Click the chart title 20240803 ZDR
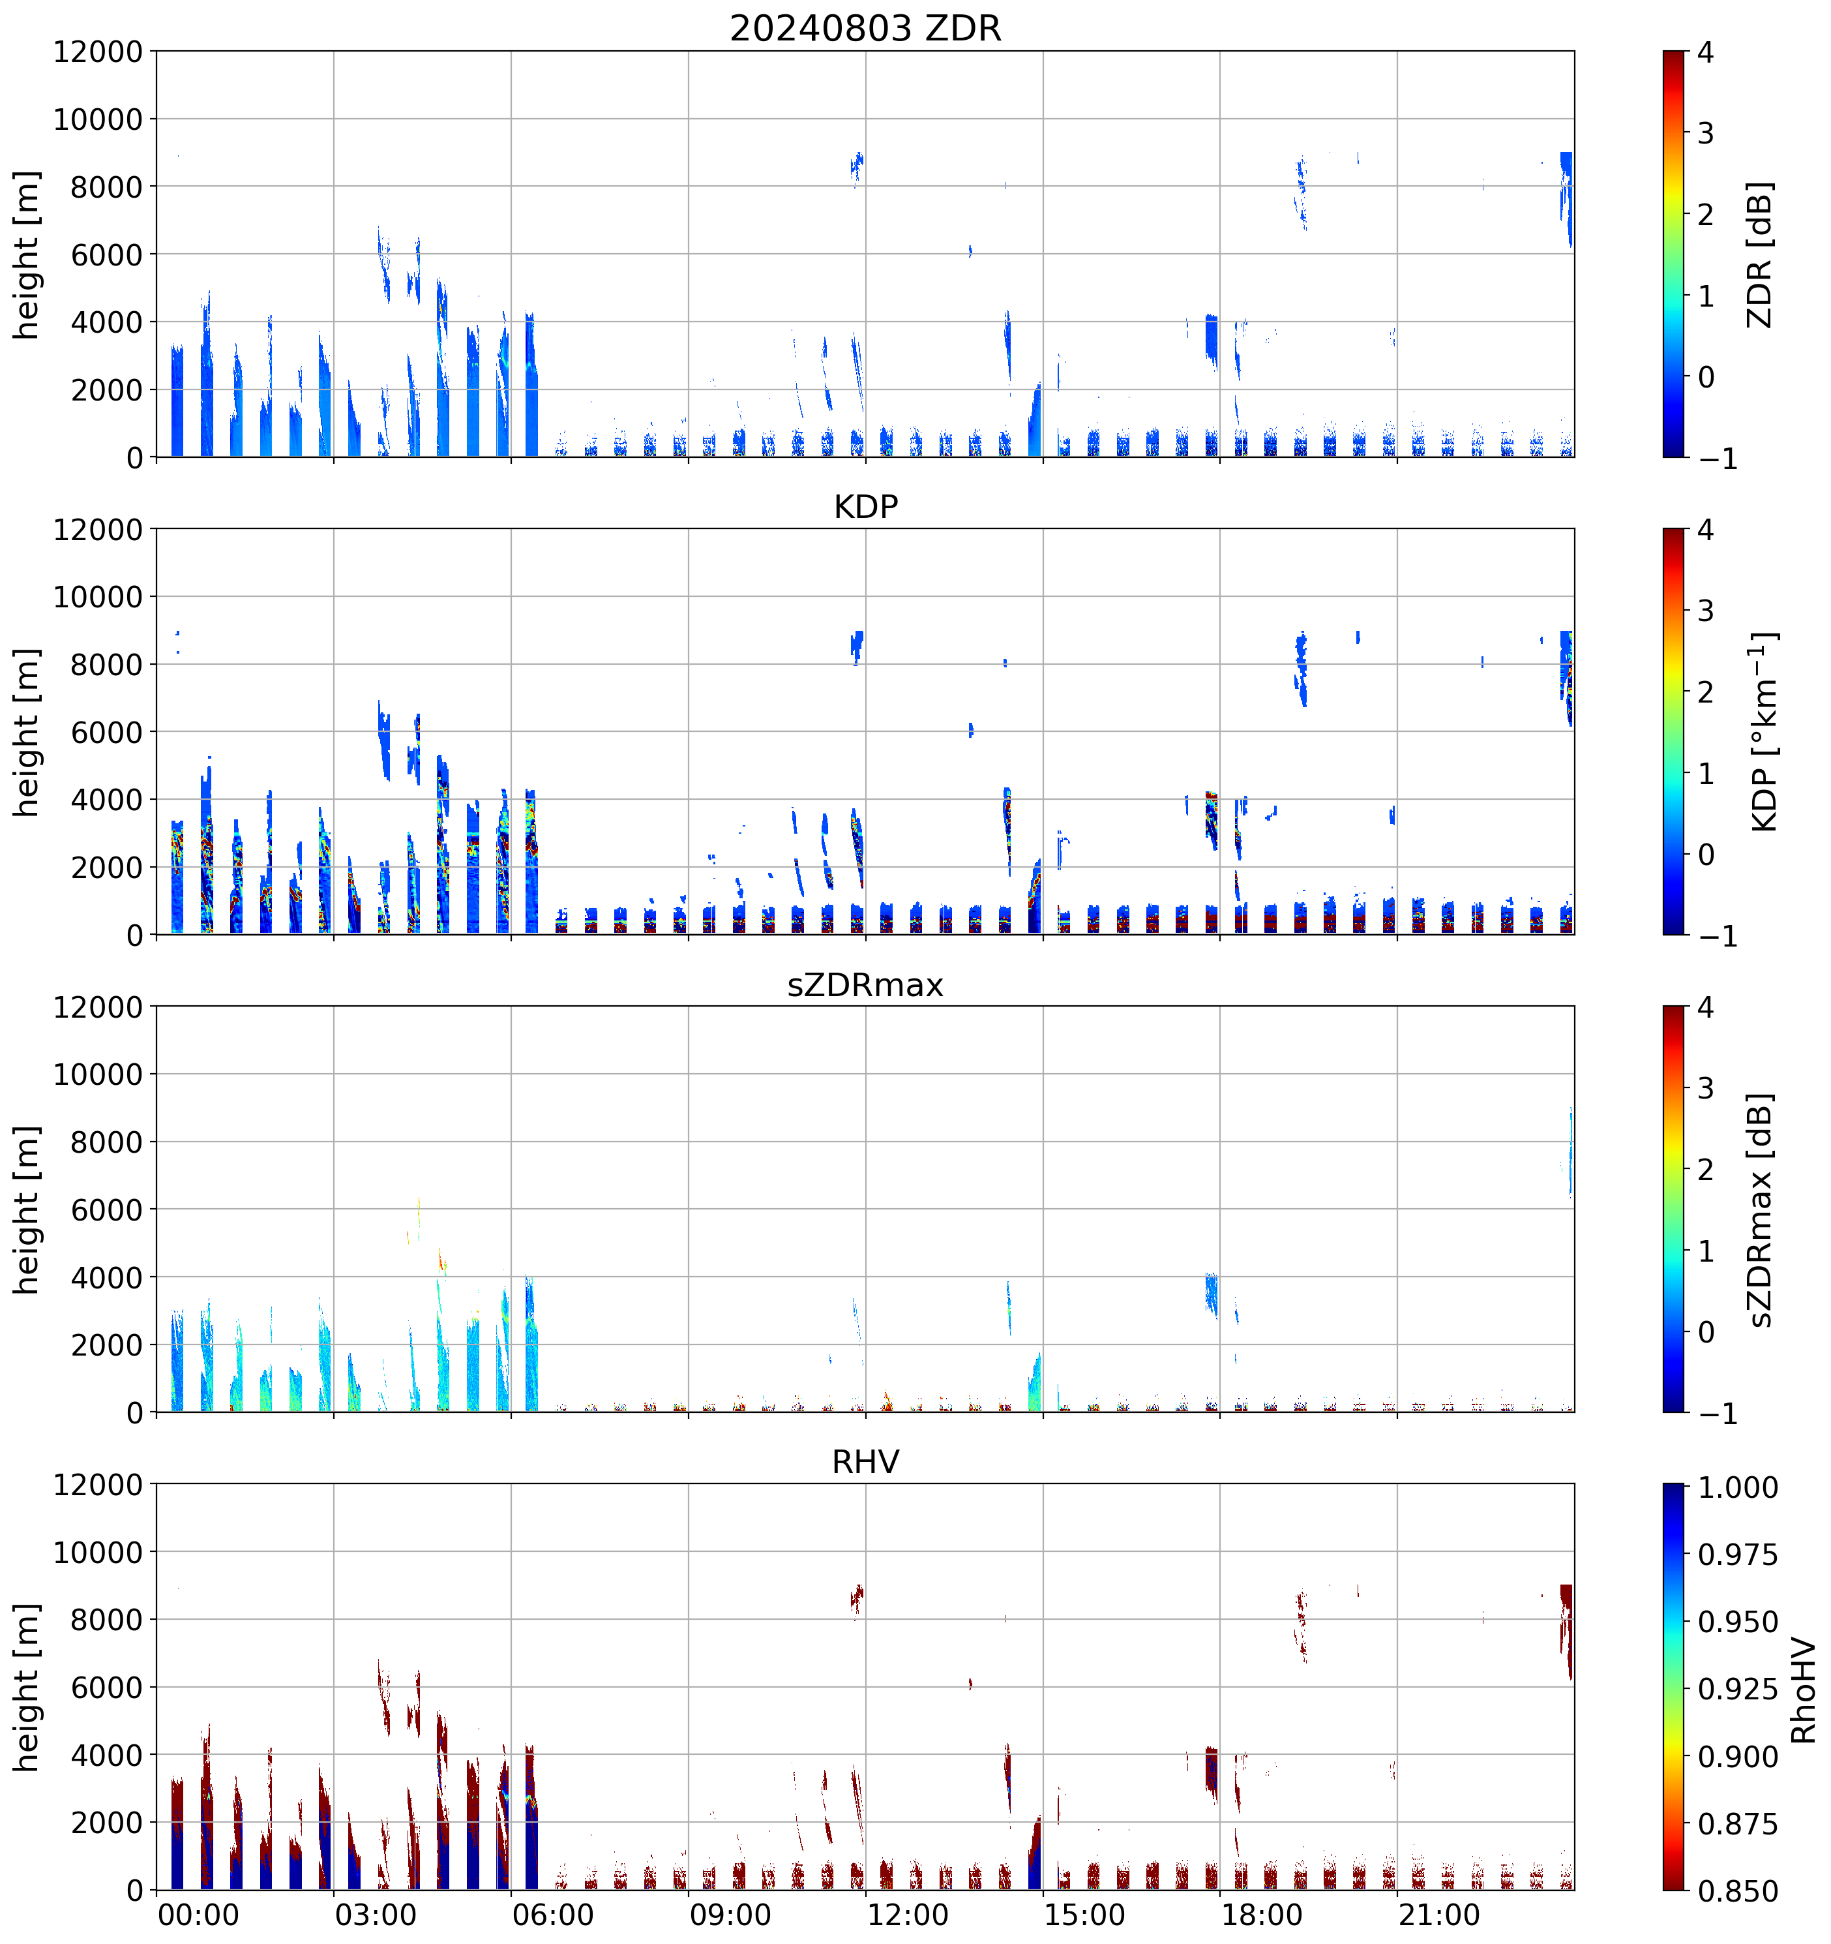pyautogui.click(x=865, y=28)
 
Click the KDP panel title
pyautogui.click(x=865, y=506)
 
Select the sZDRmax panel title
pyautogui.click(x=865, y=984)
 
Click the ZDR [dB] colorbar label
pyautogui.click(x=1760, y=254)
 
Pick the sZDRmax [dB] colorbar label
pyautogui.click(x=1760, y=1209)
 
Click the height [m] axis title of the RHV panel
pyautogui.click(x=26, y=1687)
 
